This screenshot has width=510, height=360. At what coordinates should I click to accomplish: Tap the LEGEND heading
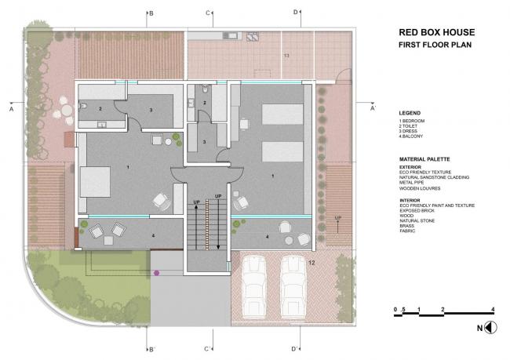[410, 113]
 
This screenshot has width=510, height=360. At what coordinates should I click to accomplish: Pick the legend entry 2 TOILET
[411, 125]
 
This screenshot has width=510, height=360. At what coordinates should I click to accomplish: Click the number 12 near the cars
[311, 253]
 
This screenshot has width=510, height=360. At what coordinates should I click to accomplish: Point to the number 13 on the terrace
[286, 56]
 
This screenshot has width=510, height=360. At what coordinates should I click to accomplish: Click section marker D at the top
[296, 13]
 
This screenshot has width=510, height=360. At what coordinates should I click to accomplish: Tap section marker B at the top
[151, 13]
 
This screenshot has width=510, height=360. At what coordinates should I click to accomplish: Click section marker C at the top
[208, 13]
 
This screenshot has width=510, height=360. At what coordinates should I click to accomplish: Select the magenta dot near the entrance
[157, 272]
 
